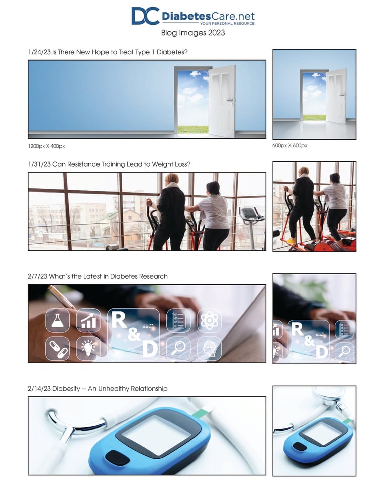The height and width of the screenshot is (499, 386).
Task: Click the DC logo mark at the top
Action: click(145, 16)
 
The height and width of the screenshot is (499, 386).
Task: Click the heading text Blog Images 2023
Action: click(193, 33)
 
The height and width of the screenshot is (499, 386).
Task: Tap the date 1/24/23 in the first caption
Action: click(39, 52)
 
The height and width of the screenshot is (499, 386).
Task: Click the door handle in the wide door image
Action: click(230, 101)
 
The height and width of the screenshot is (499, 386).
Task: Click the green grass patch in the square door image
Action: click(314, 117)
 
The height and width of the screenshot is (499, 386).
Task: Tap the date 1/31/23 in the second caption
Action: click(39, 164)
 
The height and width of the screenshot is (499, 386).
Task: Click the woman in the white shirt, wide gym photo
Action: click(214, 216)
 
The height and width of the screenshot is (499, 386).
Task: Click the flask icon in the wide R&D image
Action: click(58, 320)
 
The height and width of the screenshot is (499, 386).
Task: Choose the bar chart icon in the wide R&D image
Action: click(88, 320)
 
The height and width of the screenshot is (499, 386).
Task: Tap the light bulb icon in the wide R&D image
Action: click(88, 348)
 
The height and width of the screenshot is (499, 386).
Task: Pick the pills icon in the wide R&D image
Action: click(58, 348)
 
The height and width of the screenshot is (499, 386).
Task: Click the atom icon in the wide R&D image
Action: click(209, 320)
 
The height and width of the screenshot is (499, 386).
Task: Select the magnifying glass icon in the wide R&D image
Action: click(178, 348)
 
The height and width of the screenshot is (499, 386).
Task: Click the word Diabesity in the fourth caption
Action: click(66, 389)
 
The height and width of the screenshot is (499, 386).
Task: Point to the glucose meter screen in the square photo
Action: click(322, 434)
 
